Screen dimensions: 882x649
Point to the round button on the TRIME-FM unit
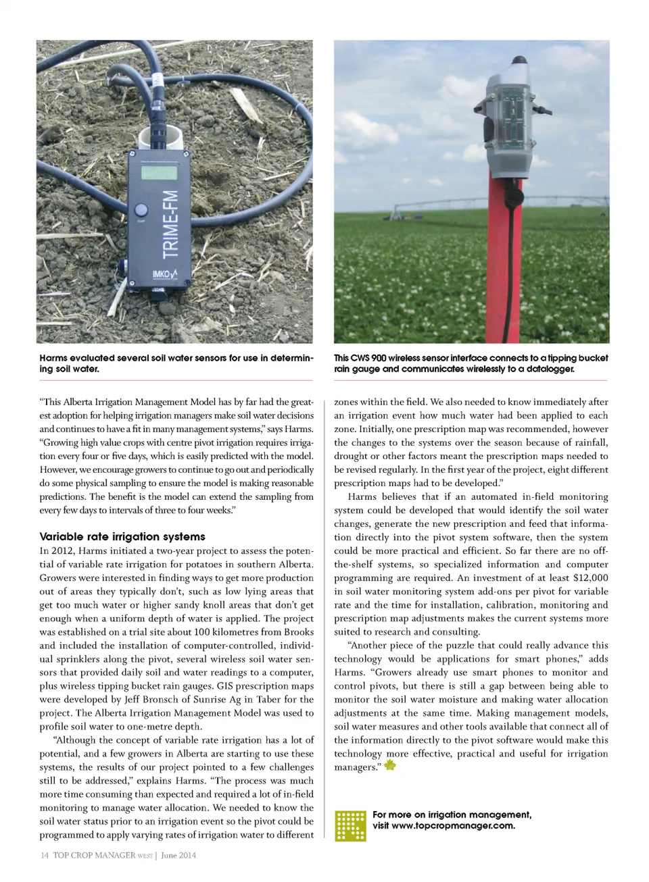coord(141,210)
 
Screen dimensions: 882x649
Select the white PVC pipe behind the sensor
coord(162,138)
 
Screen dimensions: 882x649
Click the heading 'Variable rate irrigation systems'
coord(122,536)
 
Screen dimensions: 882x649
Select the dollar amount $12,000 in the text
coord(590,577)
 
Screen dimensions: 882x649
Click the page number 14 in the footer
coord(44,855)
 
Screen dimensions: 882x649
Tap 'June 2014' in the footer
coord(178,855)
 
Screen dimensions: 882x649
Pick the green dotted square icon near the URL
coord(351,825)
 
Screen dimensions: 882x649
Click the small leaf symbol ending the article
coord(390,765)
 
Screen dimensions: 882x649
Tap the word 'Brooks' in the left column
coord(298,631)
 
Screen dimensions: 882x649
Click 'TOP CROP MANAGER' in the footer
coord(94,855)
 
